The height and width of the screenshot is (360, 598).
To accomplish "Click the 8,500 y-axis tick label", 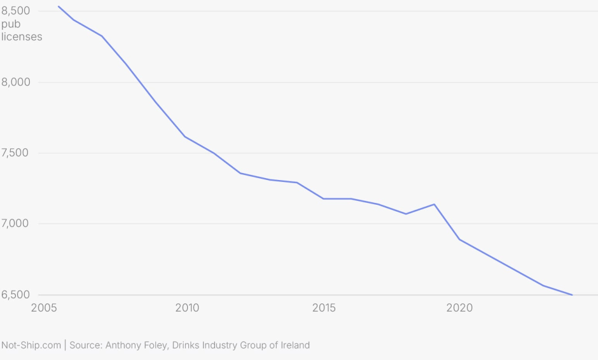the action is [16, 11].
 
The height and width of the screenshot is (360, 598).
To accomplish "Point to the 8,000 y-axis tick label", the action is [16, 82].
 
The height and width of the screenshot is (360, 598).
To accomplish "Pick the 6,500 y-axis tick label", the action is [16, 294].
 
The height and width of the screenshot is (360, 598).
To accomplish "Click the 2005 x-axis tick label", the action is [44, 308].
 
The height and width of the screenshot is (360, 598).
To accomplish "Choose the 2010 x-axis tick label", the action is [187, 308].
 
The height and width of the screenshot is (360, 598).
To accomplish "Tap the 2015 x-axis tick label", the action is [324, 308].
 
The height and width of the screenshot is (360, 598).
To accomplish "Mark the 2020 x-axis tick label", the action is [459, 308].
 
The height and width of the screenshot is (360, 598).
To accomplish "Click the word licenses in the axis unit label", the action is [22, 37].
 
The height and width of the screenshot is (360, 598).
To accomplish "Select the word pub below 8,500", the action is [11, 24].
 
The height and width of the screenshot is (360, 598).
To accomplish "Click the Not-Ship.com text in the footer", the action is [31, 345].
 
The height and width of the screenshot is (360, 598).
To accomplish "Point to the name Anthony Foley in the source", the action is [136, 345].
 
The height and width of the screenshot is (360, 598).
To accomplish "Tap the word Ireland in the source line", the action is [295, 345].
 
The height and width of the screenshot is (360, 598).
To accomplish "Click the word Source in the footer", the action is [86, 345].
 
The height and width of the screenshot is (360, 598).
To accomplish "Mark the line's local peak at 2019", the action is [434, 204].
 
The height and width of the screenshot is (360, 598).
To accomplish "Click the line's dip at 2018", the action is [406, 214].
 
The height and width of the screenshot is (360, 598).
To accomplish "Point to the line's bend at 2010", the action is [185, 137].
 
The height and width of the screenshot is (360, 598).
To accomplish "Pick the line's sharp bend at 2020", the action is [459, 240].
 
